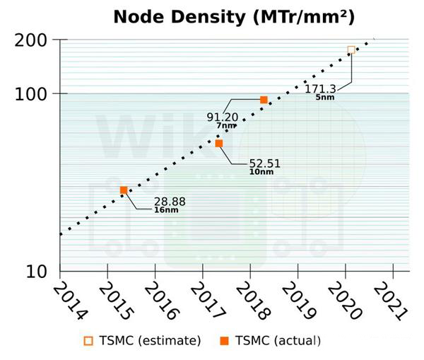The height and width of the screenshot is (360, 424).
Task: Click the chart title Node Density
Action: (234, 17)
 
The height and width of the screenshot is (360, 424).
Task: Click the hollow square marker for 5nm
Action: (351, 50)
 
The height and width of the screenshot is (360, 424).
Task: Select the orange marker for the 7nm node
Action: (264, 100)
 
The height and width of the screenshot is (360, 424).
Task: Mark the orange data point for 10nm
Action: (219, 144)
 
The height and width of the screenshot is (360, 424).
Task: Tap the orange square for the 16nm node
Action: (124, 190)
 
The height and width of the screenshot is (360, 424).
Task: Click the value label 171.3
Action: (320, 88)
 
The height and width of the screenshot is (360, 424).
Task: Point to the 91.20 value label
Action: (222, 117)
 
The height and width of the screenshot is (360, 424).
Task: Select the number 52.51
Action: (265, 163)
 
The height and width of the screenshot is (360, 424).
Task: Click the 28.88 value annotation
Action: (170, 202)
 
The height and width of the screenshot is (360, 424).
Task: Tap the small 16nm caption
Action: (167, 210)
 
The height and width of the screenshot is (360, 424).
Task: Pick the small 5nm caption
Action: (325, 97)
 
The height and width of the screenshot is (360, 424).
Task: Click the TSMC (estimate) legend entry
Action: (142, 341)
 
